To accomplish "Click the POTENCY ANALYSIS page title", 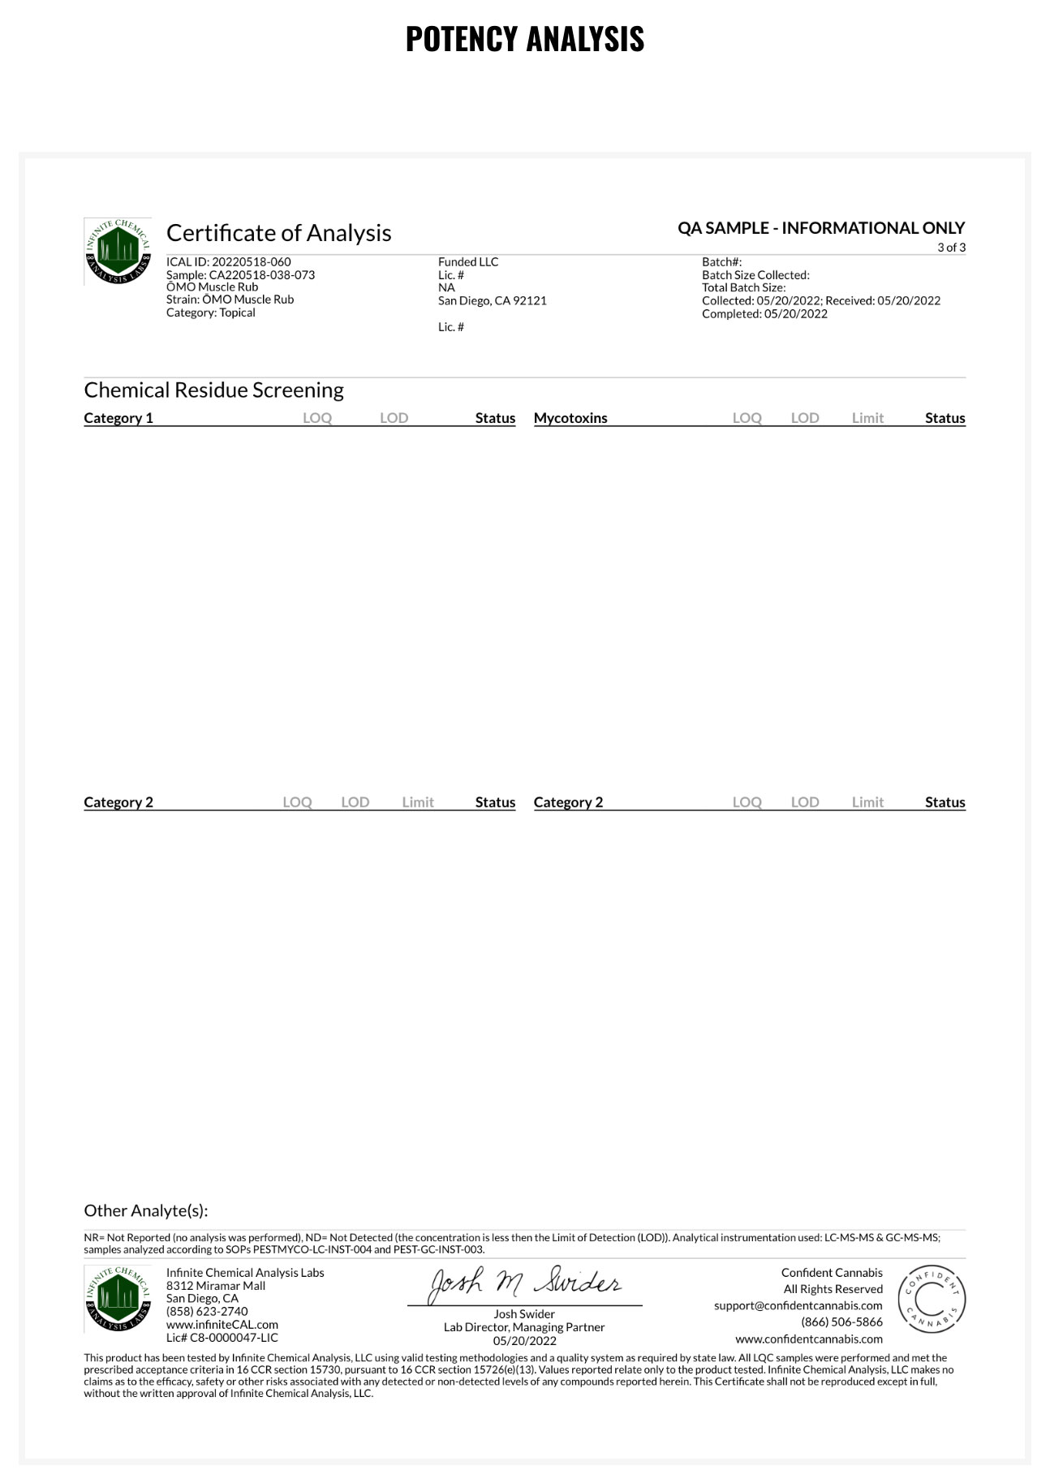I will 524,39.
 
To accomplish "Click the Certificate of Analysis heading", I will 278,233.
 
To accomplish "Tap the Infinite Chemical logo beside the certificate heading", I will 117,251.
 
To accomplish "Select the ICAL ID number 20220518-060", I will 251,262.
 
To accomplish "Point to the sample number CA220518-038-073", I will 261,275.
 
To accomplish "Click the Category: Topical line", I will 210,313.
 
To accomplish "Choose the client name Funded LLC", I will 468,262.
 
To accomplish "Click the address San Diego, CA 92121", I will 492,301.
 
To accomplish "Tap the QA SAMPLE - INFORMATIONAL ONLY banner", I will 821,228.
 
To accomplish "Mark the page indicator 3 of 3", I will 951,248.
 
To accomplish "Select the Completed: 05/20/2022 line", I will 764,314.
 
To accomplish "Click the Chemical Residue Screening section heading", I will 213,390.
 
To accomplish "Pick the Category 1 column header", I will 118,418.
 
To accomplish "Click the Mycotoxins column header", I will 570,418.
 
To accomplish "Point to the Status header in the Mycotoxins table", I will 945,418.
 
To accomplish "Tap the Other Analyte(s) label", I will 146,1210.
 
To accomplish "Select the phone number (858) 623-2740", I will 207,1311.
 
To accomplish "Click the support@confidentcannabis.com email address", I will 798,1305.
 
